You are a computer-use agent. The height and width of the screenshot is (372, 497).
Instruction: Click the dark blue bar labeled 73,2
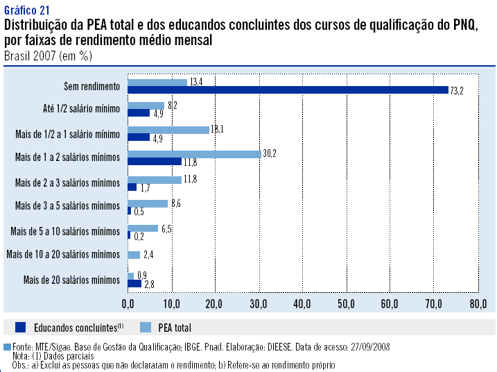pyautogui.click(x=288, y=90)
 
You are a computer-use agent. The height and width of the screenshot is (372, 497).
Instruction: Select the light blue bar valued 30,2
pyautogui.click(x=193, y=154)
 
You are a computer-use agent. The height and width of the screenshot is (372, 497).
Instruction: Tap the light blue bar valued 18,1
pyautogui.click(x=168, y=130)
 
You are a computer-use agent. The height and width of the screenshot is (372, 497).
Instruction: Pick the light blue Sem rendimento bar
pyautogui.click(x=157, y=82)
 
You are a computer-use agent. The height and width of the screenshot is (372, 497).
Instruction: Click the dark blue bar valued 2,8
pyautogui.click(x=134, y=284)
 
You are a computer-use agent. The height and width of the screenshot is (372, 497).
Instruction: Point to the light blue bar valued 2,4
pyautogui.click(x=133, y=255)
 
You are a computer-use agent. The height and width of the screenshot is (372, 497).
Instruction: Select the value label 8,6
pyautogui.click(x=177, y=204)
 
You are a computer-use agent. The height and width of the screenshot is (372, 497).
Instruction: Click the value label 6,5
pyautogui.click(x=167, y=229)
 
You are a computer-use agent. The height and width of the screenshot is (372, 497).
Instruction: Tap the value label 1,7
pyautogui.click(x=146, y=187)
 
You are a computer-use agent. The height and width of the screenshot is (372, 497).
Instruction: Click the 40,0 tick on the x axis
pyautogui.click(x=302, y=304)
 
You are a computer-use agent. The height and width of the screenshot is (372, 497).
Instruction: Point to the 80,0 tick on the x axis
pyautogui.click(x=477, y=304)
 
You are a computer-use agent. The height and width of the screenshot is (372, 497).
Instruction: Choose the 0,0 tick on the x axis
pyautogui.click(x=128, y=304)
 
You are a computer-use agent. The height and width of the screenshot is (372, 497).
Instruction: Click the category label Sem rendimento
pyautogui.click(x=91, y=86)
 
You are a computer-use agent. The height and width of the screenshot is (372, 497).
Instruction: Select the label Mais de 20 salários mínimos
pyautogui.click(x=72, y=280)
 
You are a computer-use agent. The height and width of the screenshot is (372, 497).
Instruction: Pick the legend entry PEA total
pyautogui.click(x=173, y=327)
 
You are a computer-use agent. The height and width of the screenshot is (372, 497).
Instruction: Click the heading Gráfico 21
pyautogui.click(x=26, y=10)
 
